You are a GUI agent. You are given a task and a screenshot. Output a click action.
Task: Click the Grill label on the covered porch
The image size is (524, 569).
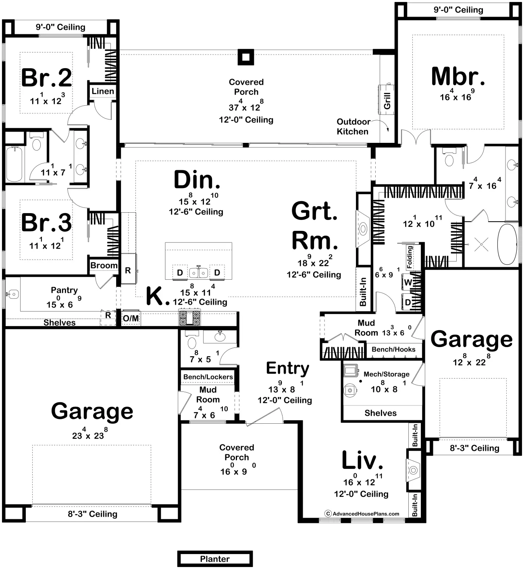(x=387, y=101)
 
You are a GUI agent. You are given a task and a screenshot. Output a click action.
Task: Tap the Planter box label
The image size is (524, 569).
(x=214, y=559)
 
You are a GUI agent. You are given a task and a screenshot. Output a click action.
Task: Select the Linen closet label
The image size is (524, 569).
(x=103, y=91)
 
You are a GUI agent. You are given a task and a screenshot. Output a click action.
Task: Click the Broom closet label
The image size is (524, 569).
(x=104, y=265)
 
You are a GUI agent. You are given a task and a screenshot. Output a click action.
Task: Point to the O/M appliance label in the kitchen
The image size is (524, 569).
(x=131, y=318)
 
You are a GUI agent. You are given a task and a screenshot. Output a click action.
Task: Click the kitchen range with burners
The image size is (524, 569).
(x=189, y=318)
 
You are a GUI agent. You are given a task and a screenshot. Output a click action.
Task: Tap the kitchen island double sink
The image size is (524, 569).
(x=198, y=273)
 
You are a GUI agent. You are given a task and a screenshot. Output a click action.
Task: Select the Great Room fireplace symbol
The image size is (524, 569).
(x=363, y=229)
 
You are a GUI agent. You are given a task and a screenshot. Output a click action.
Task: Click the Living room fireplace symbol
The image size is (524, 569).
(x=413, y=470)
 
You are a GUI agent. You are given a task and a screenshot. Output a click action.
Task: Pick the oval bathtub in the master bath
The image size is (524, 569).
(x=507, y=244)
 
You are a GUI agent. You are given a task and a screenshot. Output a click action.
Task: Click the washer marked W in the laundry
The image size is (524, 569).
(x=408, y=282)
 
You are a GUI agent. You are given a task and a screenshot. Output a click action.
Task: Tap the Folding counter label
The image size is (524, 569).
(x=410, y=257)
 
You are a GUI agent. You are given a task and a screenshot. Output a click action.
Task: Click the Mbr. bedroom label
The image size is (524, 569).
(x=458, y=77)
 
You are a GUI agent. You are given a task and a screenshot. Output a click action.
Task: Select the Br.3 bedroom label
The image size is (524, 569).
(x=46, y=222)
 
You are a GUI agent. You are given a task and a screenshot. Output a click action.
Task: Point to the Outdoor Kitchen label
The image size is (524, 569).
(x=353, y=127)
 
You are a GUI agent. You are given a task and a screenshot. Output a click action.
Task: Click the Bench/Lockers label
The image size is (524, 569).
(x=208, y=377)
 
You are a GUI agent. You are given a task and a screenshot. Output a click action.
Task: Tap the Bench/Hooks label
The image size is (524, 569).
(x=393, y=349)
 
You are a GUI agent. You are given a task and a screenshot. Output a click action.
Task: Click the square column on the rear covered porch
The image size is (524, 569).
(x=245, y=57)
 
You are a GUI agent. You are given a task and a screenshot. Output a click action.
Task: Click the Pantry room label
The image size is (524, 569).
(x=64, y=290)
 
